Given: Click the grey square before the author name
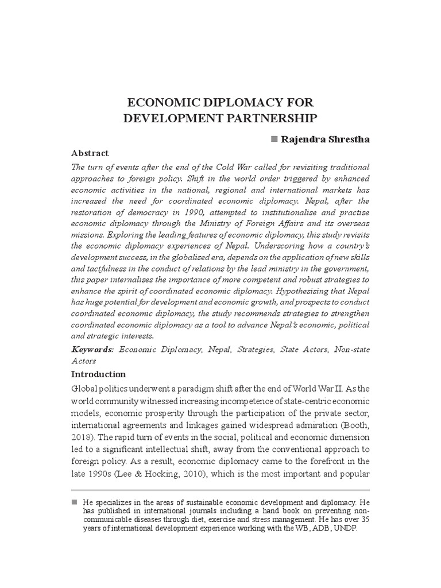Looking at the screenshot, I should coord(274,140).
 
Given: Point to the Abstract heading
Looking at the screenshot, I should coord(90,153).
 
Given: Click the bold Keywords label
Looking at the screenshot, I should coord(92,349).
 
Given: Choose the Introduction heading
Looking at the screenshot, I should coord(98,374).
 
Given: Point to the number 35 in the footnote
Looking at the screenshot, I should coord(365,519).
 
